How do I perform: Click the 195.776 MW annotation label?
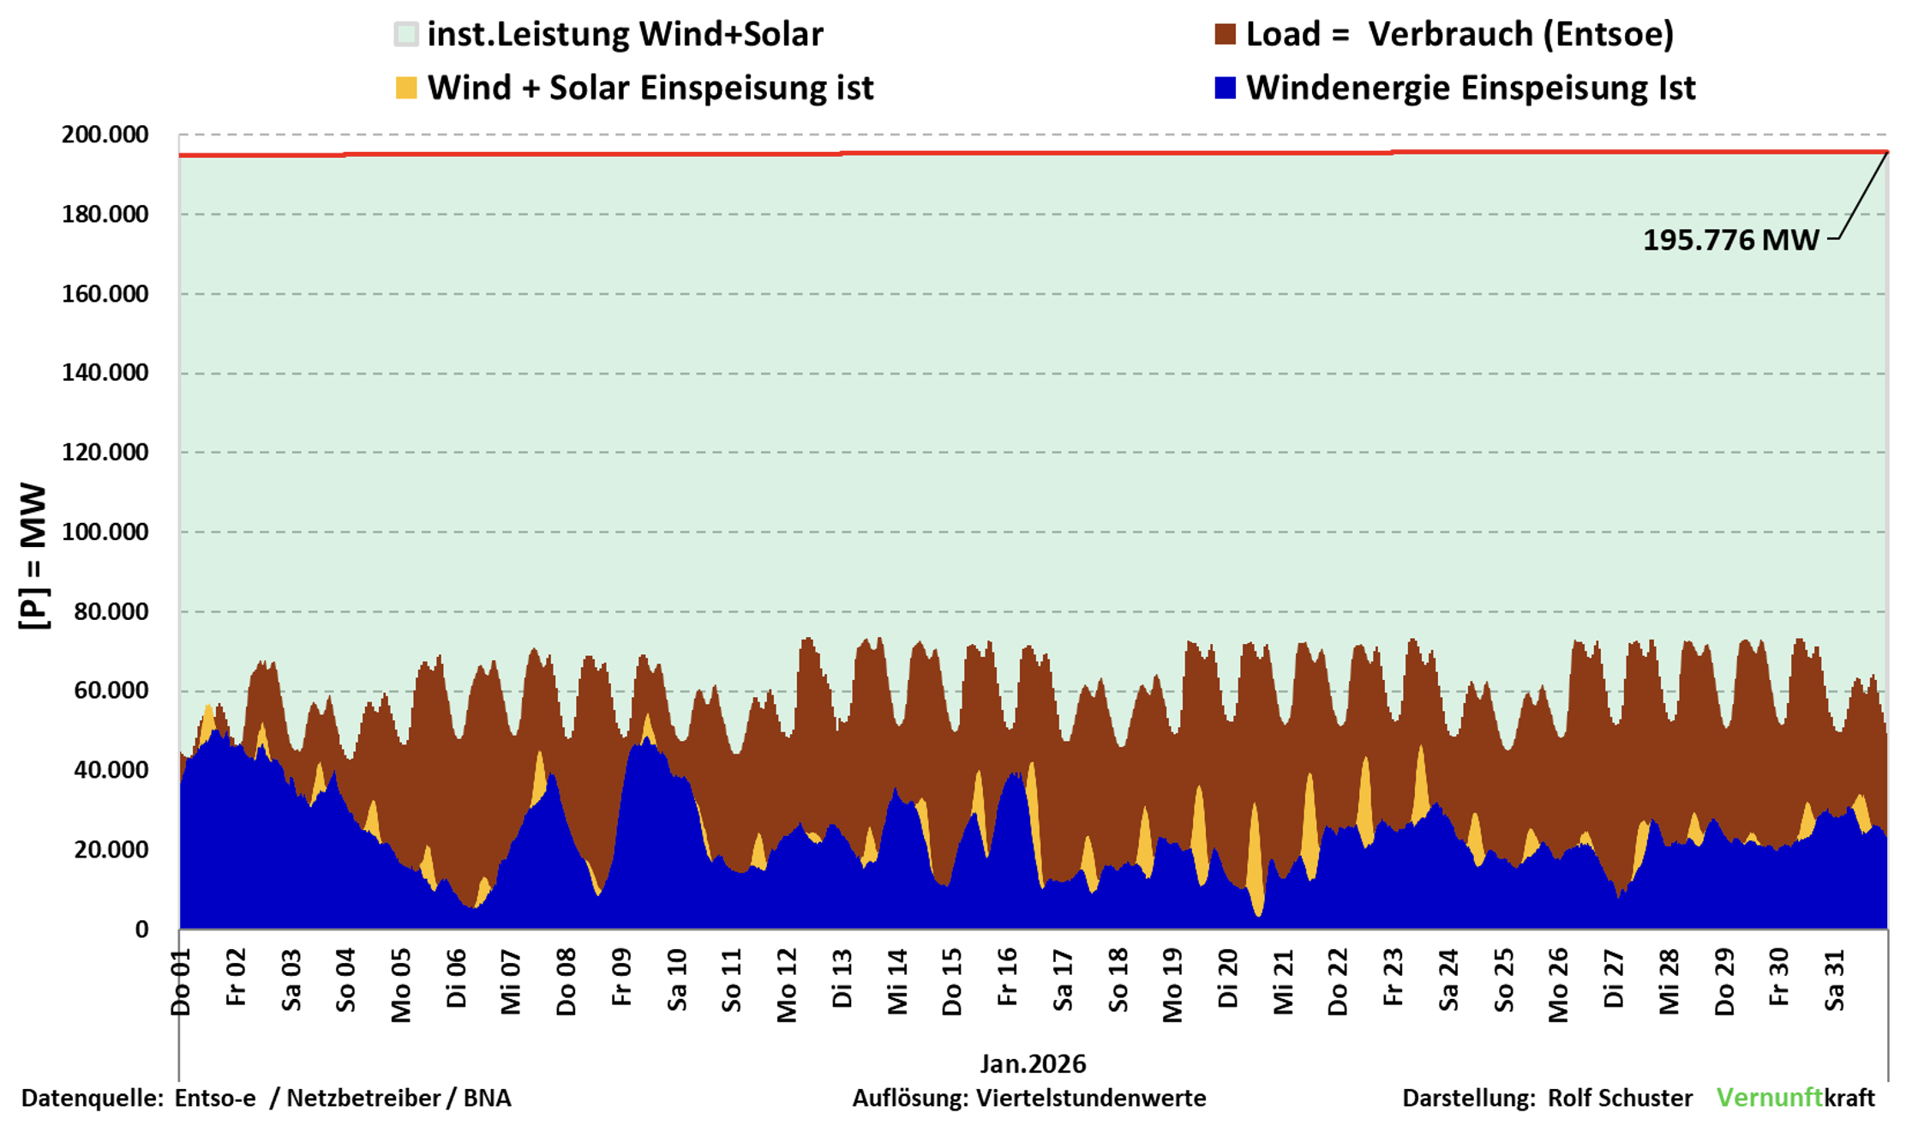[x=1729, y=240]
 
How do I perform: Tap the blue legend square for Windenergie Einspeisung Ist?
[x=1225, y=88]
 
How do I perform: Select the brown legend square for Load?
[x=1225, y=35]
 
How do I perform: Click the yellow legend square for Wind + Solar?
[x=406, y=88]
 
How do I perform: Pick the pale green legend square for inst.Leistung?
[x=406, y=35]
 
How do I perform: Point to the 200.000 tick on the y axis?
[x=105, y=135]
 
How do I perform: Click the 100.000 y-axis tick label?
[x=105, y=532]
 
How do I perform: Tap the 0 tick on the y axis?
[x=141, y=929]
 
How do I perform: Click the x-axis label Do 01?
[x=181, y=982]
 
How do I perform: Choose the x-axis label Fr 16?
[x=1007, y=978]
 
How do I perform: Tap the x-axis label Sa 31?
[x=1834, y=979]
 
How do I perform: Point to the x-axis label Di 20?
[x=1227, y=978]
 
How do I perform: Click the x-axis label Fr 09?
[x=621, y=978]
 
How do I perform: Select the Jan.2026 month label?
[x=1033, y=1064]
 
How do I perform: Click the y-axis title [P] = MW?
[x=34, y=556]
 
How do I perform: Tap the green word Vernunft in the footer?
[x=1769, y=1098]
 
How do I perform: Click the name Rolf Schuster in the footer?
[x=1620, y=1098]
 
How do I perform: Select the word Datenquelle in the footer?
[x=91, y=1098]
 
